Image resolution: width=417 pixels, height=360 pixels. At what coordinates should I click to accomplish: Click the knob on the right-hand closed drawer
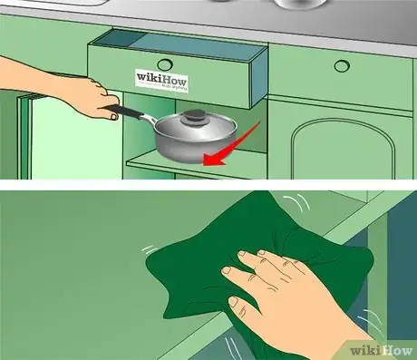[x=341, y=65]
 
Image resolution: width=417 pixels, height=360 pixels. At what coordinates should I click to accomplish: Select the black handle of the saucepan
[x=127, y=112]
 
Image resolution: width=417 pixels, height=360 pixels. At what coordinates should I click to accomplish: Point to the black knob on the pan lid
[x=195, y=116]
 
